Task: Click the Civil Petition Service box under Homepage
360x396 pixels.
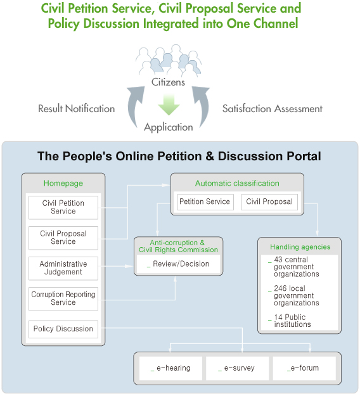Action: pyautogui.click(x=63, y=207)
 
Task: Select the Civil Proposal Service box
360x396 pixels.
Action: pyautogui.click(x=63, y=238)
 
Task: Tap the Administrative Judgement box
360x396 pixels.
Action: pyautogui.click(x=63, y=268)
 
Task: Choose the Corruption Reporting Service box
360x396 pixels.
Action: pyautogui.click(x=63, y=298)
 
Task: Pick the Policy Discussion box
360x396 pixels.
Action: pyautogui.click(x=63, y=329)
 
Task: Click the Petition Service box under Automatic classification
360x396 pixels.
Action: pyautogui.click(x=205, y=201)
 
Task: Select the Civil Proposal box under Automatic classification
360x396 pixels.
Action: pyautogui.click(x=269, y=201)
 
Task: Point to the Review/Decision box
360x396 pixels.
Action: pyautogui.click(x=178, y=264)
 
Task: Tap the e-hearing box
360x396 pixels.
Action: pyautogui.click(x=170, y=368)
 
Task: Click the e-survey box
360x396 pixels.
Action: pyautogui.click(x=237, y=368)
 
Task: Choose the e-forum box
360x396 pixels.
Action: pyautogui.click(x=304, y=368)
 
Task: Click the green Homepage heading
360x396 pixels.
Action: pyautogui.click(x=63, y=183)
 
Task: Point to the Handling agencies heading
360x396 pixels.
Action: pyautogui.click(x=300, y=246)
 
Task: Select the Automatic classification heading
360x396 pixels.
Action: pyautogui.click(x=237, y=183)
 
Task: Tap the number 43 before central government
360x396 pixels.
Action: pyautogui.click(x=278, y=259)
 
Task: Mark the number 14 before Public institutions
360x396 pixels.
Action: pyautogui.click(x=278, y=317)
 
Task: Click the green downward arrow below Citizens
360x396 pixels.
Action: pyautogui.click(x=169, y=105)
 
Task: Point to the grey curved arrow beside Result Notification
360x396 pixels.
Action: pyautogui.click(x=133, y=106)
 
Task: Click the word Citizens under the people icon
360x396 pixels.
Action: pyautogui.click(x=168, y=82)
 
